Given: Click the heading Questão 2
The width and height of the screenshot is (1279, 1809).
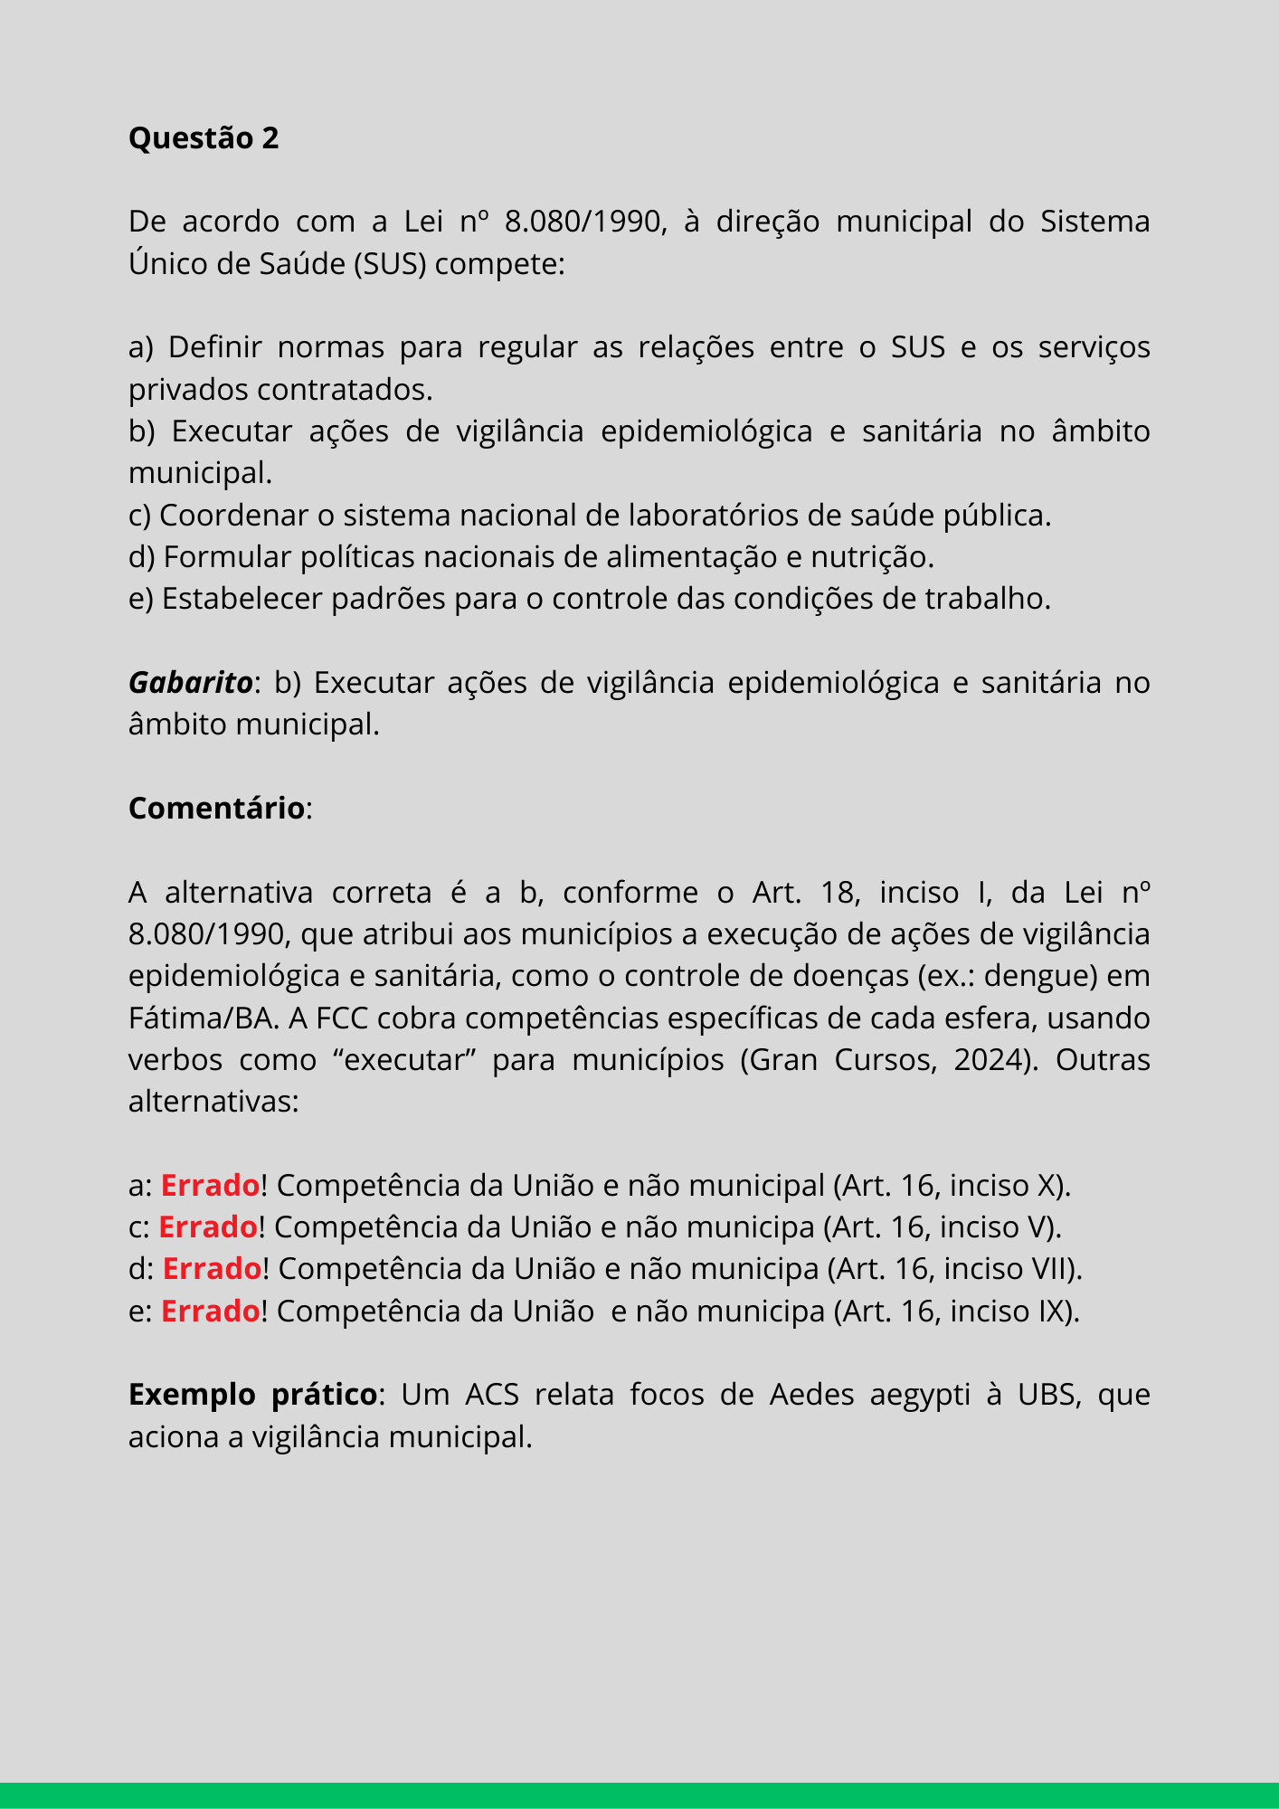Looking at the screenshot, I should click(204, 138).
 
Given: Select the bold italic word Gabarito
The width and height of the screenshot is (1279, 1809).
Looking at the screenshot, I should click(190, 683).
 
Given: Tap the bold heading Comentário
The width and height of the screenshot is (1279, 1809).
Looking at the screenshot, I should click(216, 809).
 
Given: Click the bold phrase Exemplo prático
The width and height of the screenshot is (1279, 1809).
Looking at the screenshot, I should click(252, 1395).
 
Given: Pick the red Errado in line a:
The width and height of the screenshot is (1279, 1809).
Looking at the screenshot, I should click(210, 1185).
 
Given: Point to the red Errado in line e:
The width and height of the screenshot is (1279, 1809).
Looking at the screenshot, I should click(210, 1311).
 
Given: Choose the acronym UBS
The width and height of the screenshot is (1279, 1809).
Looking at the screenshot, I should click(1047, 1395).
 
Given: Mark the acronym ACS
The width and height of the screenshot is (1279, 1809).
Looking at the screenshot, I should click(492, 1395).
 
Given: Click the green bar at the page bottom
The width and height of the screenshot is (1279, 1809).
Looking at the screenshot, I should click(639, 1795).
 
